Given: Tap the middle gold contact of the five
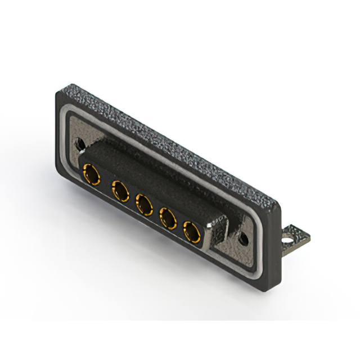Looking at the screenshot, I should point(144,204).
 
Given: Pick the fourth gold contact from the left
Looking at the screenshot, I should point(168,218).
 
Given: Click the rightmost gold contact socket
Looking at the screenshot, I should point(192,232).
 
